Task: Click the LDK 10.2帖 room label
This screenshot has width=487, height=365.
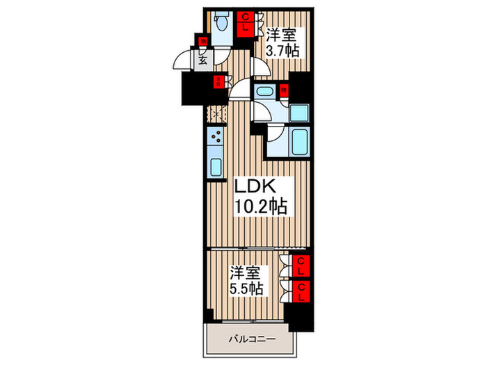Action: [260, 196]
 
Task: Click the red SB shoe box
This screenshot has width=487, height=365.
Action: [218, 82]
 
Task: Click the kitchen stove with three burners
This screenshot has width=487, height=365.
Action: [216, 136]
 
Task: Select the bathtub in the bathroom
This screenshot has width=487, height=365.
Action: [300, 143]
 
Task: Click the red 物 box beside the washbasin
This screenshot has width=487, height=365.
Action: [284, 89]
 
